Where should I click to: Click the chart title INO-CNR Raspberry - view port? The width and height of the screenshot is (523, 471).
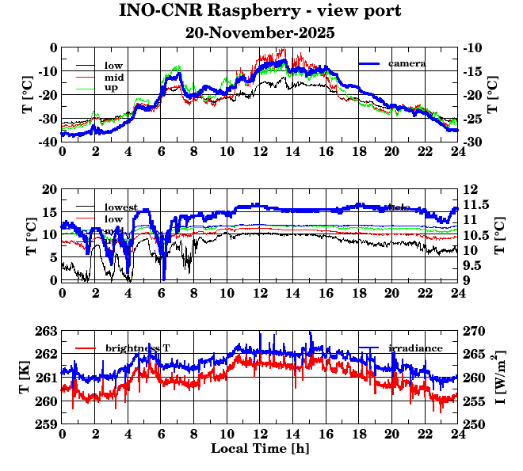(260, 12)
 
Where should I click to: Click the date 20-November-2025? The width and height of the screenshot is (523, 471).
(260, 33)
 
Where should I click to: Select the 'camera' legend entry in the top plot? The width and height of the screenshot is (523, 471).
(407, 63)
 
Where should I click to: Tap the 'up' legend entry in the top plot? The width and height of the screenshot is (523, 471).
(112, 88)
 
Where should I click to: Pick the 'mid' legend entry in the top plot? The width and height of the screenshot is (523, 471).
(114, 77)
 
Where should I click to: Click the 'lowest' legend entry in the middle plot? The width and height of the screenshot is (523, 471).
(121, 207)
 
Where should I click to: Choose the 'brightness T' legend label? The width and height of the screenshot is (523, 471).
(138, 348)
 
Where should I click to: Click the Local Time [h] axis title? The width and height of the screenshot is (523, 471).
(260, 449)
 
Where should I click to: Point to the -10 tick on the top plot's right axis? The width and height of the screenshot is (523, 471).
(472, 47)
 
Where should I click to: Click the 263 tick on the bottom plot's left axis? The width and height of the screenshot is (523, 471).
(44, 331)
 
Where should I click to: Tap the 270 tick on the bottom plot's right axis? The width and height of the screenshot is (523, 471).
(474, 331)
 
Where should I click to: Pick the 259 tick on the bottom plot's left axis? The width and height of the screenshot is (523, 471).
(44, 424)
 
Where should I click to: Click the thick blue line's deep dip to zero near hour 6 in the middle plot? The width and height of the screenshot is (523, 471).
(163, 279)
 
